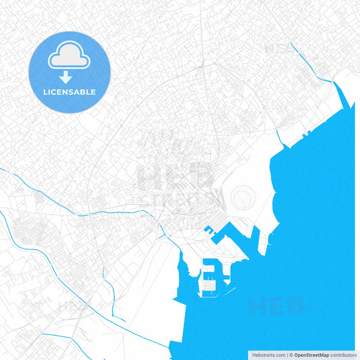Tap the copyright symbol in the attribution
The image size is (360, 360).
(290, 354)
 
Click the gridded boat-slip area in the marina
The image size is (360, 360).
(209, 284)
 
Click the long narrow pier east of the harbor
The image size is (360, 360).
(258, 236)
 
